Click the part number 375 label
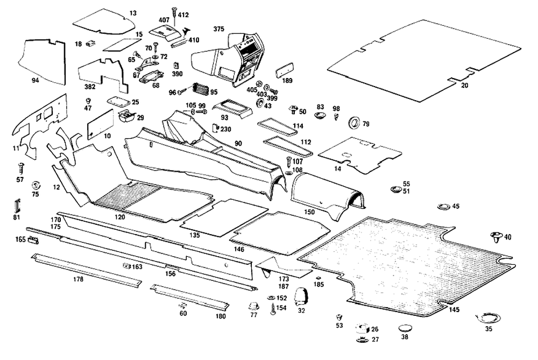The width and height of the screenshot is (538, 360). coord(218,29)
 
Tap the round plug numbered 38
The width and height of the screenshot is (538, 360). coord(406,328)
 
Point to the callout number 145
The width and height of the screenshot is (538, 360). coord(455,310)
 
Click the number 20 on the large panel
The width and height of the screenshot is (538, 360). coord(465,86)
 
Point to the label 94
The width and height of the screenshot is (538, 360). coord(36,80)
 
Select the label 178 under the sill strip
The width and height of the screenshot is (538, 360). coord(79,280)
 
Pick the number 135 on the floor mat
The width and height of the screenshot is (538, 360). coord(195,235)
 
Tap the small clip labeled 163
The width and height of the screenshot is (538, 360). coord(126,266)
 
